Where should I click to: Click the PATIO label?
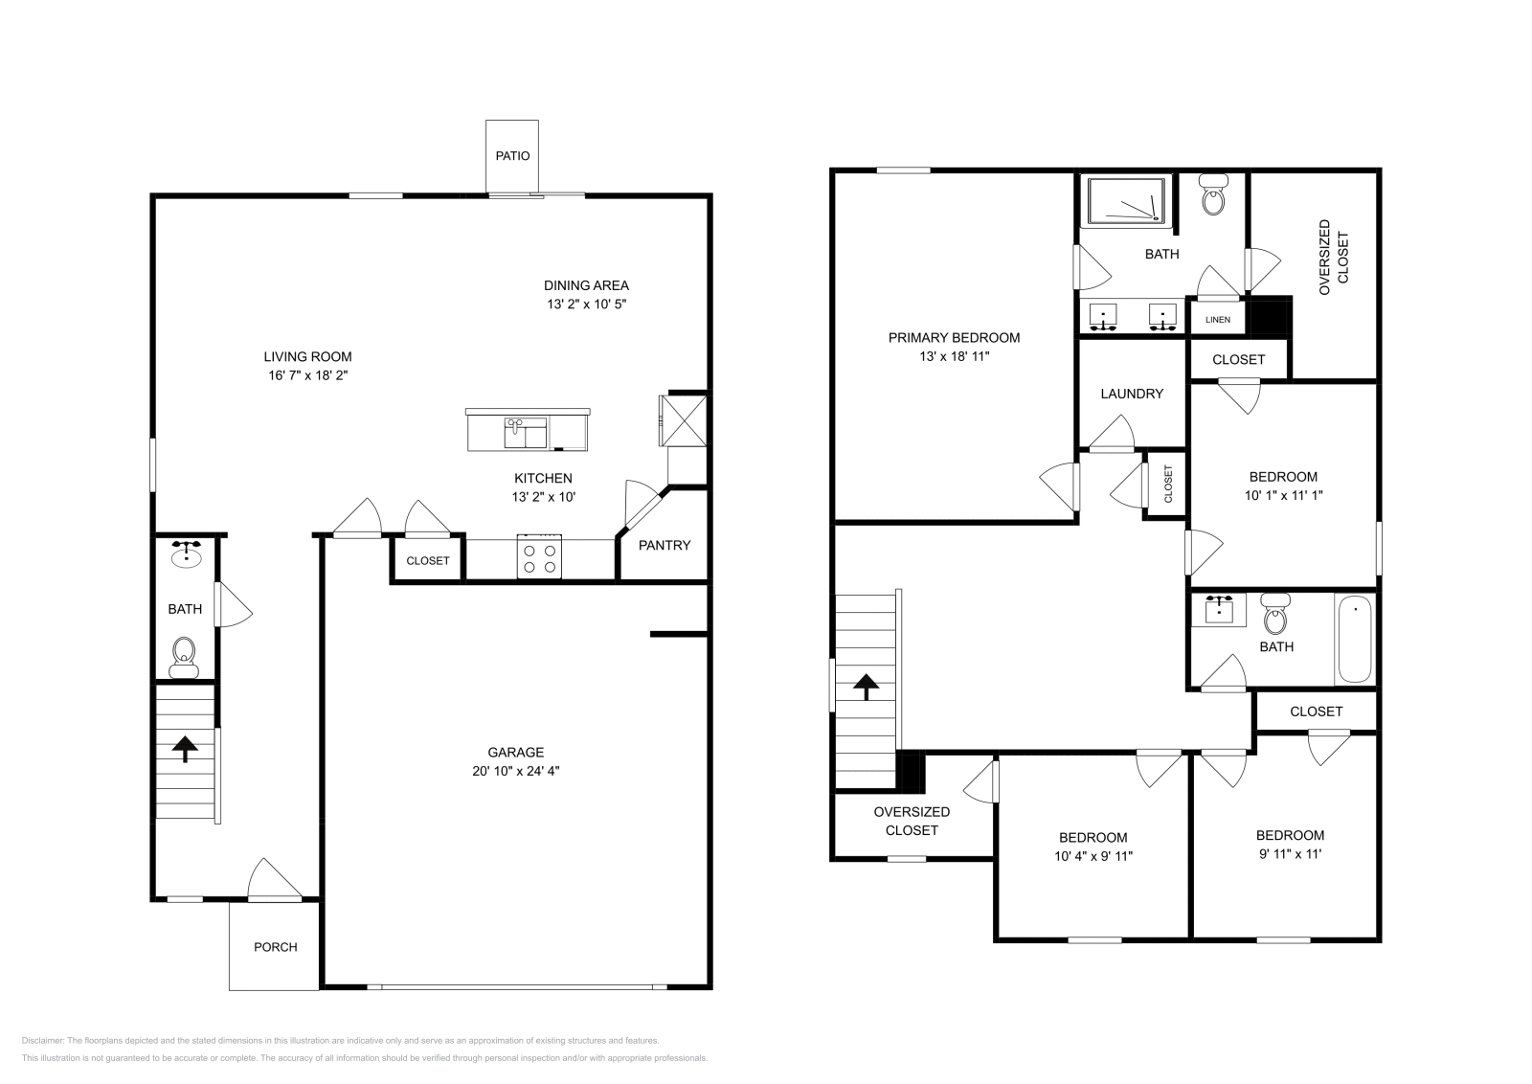click(x=512, y=156)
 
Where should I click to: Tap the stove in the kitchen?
click(x=538, y=557)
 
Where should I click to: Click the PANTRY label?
click(x=665, y=545)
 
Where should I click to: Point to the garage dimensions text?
click(x=515, y=771)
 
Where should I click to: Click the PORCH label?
click(x=275, y=947)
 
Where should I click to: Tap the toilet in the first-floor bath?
click(x=183, y=656)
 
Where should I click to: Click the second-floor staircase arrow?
click(x=866, y=686)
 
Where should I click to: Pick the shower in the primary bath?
click(x=1126, y=201)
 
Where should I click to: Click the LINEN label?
click(x=1218, y=320)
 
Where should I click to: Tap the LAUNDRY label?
click(x=1132, y=394)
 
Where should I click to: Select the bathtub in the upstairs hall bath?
click(x=1355, y=639)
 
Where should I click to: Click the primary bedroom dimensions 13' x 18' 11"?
click(x=954, y=356)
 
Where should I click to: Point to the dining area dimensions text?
click(x=587, y=305)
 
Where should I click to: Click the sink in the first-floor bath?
click(x=186, y=555)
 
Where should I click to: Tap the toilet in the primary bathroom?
click(x=1214, y=197)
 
